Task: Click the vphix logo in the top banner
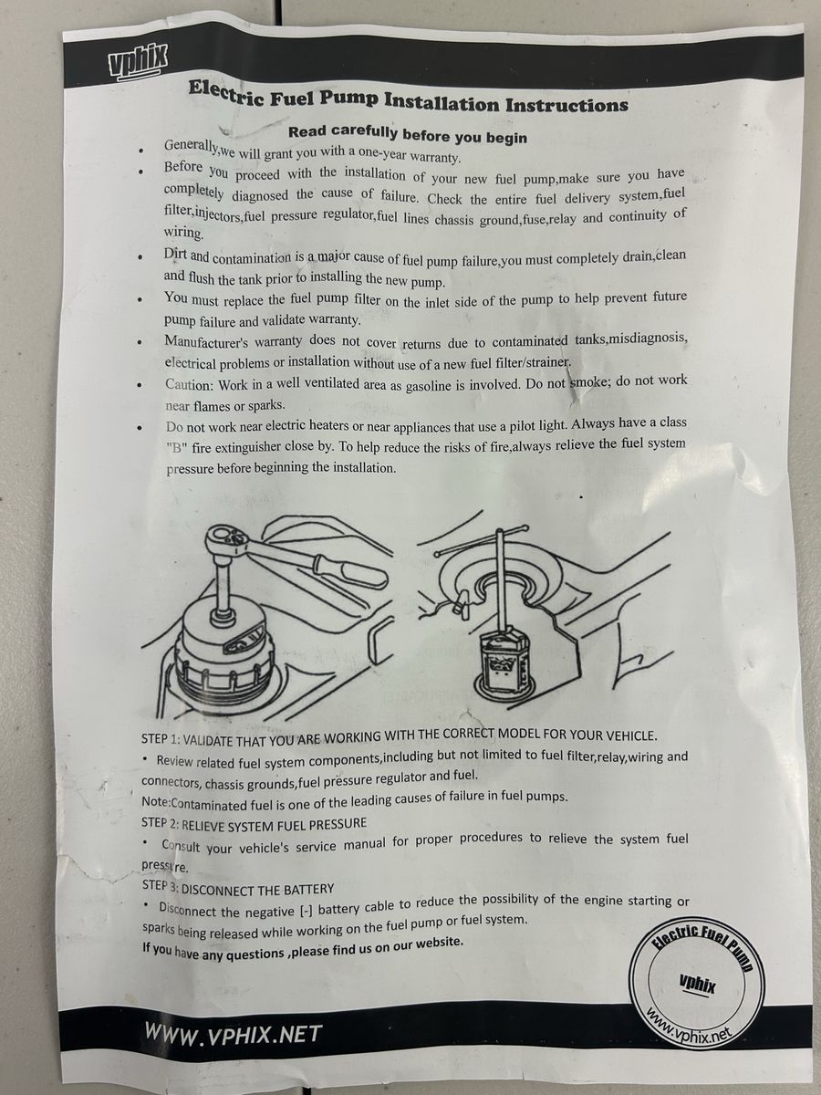tap(137, 61)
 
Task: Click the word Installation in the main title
tap(442, 102)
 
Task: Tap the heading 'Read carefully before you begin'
tap(408, 134)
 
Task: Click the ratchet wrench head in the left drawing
tap(227, 540)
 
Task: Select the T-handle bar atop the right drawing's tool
tap(481, 540)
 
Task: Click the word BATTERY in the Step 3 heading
tap(308, 890)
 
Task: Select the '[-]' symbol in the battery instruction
tap(307, 911)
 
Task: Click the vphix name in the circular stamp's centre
tap(697, 984)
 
